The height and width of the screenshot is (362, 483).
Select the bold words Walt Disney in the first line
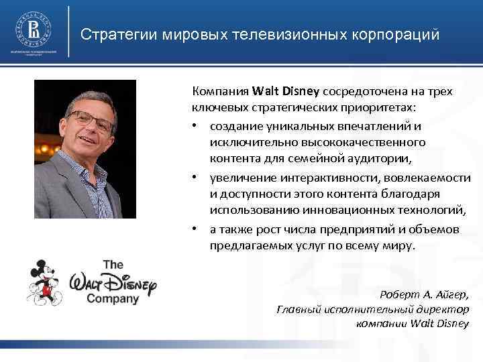(287, 91)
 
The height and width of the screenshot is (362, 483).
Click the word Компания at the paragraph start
(221, 91)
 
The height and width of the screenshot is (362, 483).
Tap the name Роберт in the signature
(400, 295)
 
